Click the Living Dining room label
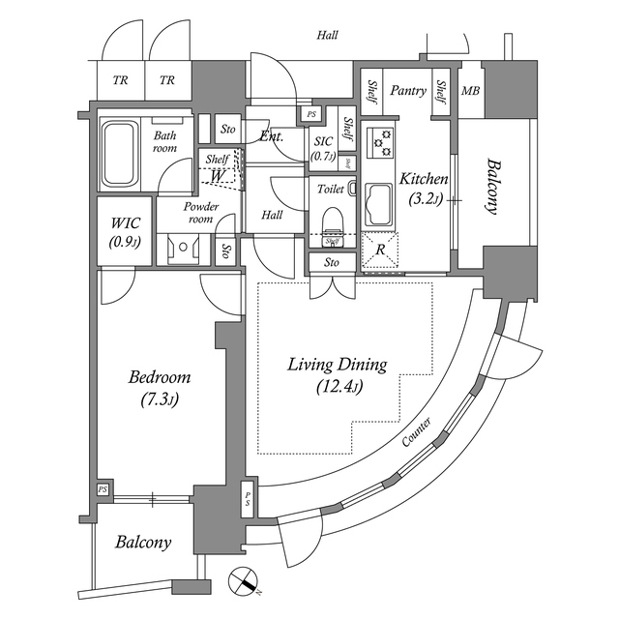pyautogui.click(x=338, y=366)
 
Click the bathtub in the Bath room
pyautogui.click(x=120, y=153)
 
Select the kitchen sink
pyautogui.click(x=378, y=205)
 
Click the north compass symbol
pyautogui.click(x=245, y=583)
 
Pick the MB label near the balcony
pyautogui.click(x=470, y=92)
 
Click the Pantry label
pyautogui.click(x=408, y=91)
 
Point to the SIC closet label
pyautogui.click(x=323, y=140)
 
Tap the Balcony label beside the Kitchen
pyautogui.click(x=494, y=188)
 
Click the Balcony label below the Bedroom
pyautogui.click(x=143, y=543)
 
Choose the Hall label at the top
pyautogui.click(x=327, y=36)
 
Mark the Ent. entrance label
pyautogui.click(x=271, y=136)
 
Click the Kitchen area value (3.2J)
pyautogui.click(x=424, y=201)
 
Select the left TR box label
pyautogui.click(x=120, y=80)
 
